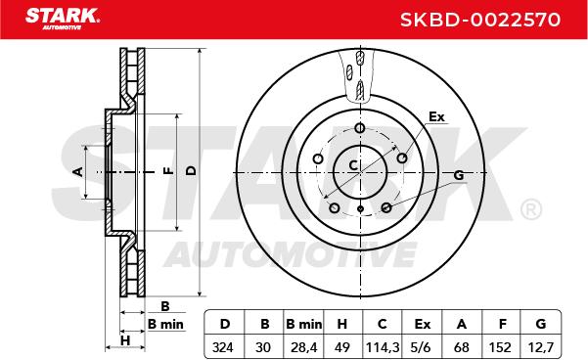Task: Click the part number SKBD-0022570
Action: [480, 20]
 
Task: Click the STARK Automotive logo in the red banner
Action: [63, 19]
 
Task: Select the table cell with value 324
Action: [224, 347]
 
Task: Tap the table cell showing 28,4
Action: [303, 347]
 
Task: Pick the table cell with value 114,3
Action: [382, 347]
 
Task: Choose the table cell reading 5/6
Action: [422, 347]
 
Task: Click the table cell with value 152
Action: [501, 347]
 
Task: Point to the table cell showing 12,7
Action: [540, 347]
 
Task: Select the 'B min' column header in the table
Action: [303, 324]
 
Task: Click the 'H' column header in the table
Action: [342, 324]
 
